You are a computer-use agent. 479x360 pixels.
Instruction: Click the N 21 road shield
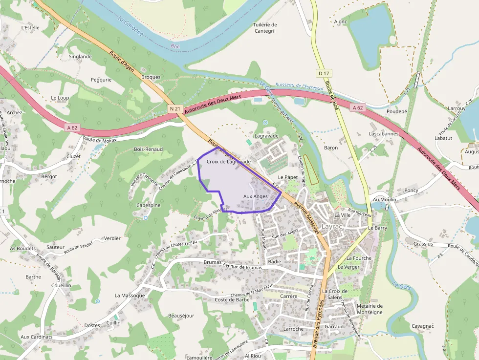coord(176,108)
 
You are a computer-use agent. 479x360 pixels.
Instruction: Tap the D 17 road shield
coord(324,73)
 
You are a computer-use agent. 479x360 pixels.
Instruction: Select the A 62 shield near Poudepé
coord(358,107)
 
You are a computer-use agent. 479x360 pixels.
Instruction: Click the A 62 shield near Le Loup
coord(72,128)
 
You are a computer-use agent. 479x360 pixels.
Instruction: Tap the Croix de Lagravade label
coord(228,161)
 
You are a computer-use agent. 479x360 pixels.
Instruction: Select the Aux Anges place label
coord(255,196)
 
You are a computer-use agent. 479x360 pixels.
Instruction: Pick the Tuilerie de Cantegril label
coord(265,28)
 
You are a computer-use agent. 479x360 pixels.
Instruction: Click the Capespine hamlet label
coord(149,205)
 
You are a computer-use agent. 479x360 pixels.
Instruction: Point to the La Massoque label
coord(130,296)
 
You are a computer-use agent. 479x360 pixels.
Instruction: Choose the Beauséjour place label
coord(181,316)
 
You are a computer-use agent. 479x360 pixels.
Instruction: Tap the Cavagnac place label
coord(422,326)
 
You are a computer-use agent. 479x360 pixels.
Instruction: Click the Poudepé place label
coord(396,111)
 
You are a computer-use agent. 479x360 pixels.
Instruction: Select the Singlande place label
coord(80,57)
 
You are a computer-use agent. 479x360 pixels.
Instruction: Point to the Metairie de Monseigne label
coord(370,309)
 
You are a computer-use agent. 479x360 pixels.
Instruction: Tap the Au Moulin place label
coord(384,200)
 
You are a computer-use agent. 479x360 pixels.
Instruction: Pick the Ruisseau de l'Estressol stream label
coord(299,86)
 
